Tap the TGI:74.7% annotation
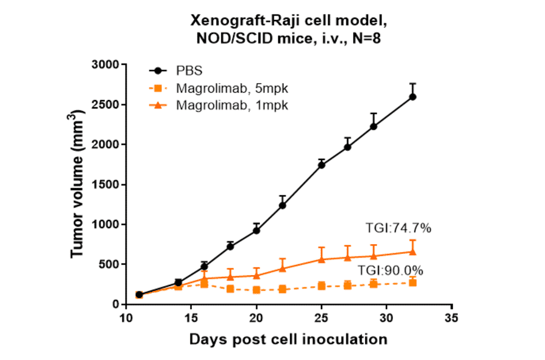pyautogui.click(x=398, y=228)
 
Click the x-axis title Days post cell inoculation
pyautogui.click(x=288, y=339)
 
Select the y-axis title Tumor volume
pyautogui.click(x=78, y=184)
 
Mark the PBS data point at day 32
pyautogui.click(x=412, y=96)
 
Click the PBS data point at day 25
pyautogui.click(x=322, y=164)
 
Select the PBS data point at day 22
pyautogui.click(x=282, y=205)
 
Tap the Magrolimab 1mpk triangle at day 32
pyautogui.click(x=412, y=252)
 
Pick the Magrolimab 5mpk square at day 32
pyautogui.click(x=412, y=282)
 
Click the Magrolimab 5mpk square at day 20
pyautogui.click(x=256, y=290)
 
